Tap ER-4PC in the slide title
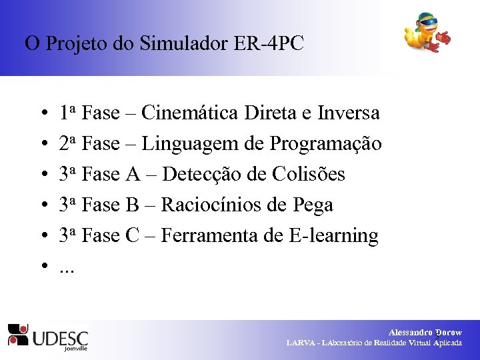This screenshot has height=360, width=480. click(x=269, y=44)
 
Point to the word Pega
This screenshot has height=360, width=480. click(x=313, y=206)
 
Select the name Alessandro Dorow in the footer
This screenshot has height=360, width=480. click(x=425, y=332)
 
